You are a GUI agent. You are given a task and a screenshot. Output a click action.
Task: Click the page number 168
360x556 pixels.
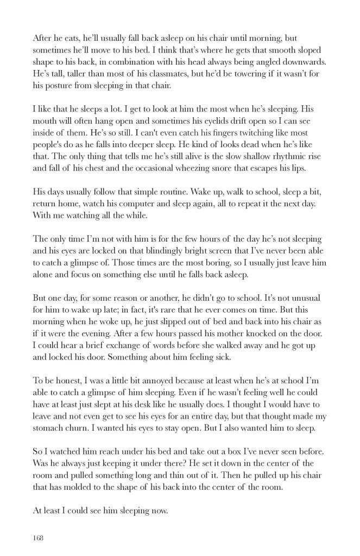pyautogui.click(x=38, y=538)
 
